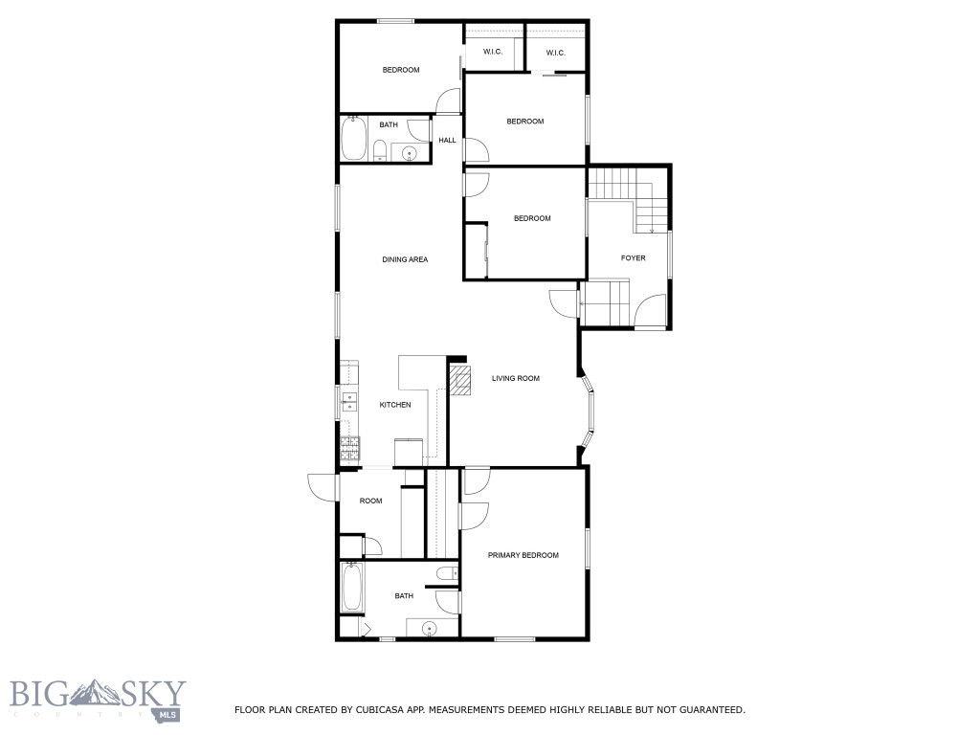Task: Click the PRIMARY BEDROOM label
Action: click(523, 555)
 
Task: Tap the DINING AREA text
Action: click(405, 259)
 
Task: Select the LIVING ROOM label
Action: click(516, 378)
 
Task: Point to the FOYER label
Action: click(633, 257)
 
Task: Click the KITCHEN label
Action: click(395, 405)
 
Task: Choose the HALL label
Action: click(447, 141)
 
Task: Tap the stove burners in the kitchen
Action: click(349, 446)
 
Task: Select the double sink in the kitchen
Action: click(349, 401)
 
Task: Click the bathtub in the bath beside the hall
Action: click(353, 138)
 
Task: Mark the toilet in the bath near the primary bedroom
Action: click(444, 573)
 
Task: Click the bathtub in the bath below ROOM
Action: click(352, 589)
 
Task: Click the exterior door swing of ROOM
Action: click(323, 486)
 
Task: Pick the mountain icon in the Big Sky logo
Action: click(100, 690)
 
